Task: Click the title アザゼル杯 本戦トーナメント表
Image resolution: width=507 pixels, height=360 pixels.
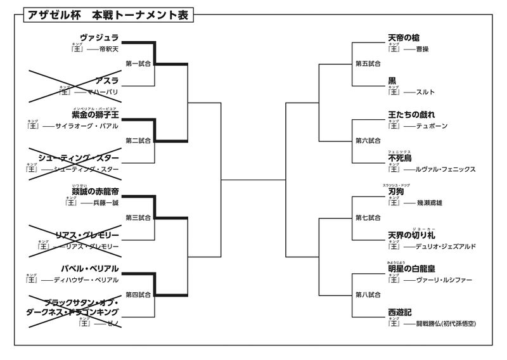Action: pyautogui.click(x=108, y=15)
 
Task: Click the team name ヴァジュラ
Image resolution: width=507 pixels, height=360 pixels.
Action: pyautogui.click(x=99, y=38)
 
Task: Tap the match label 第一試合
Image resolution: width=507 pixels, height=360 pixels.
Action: pyautogui.click(x=138, y=63)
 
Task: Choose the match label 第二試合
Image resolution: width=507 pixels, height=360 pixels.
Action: pyautogui.click(x=138, y=140)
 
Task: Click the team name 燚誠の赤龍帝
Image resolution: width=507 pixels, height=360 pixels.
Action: pyautogui.click(x=95, y=191)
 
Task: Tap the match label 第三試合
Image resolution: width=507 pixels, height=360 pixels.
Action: pyautogui.click(x=138, y=217)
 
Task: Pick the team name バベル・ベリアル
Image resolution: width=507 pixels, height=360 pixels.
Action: pyautogui.click(x=90, y=268)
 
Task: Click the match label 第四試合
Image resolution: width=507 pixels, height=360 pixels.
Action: pyautogui.click(x=138, y=294)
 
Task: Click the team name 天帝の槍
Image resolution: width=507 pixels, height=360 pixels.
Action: pyautogui.click(x=404, y=38)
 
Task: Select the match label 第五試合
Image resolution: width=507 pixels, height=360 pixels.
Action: pyautogui.click(x=368, y=63)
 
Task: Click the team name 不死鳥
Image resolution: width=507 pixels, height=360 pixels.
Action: pyautogui.click(x=400, y=158)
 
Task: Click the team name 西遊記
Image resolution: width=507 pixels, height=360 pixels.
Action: pyautogui.click(x=400, y=312)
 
